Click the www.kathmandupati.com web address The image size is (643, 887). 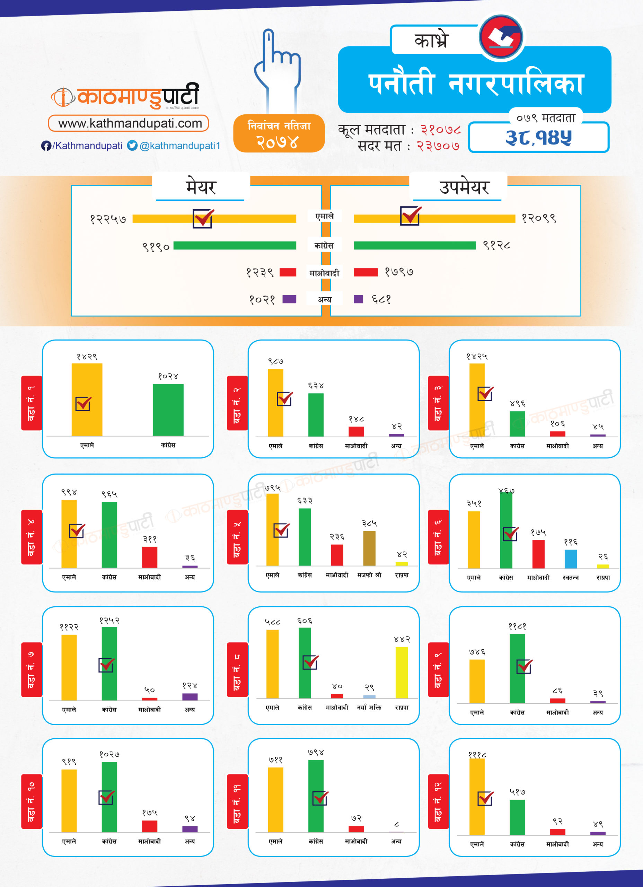pos(130,124)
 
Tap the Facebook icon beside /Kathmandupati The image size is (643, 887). pos(46,146)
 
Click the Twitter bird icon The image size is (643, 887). pos(132,146)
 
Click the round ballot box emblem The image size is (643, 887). pos(501,37)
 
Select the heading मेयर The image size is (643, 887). pos(201,187)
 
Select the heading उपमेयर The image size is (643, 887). pos(464,187)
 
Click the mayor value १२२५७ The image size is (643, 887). pos(108,219)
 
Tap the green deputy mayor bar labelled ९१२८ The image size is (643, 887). pos(415,245)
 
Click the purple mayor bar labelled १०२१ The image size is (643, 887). pos(289,299)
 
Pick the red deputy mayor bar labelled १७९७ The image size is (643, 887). pos(366,272)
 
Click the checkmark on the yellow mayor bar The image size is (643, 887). pos(203,218)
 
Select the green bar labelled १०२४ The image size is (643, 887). pos(168,410)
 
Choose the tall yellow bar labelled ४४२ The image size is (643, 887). pos(402,672)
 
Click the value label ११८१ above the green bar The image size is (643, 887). pos(517,626)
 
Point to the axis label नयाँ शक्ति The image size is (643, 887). pos(369,708)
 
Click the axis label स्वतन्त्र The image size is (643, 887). pos(571,577)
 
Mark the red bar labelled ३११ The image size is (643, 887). pos(149,557)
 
